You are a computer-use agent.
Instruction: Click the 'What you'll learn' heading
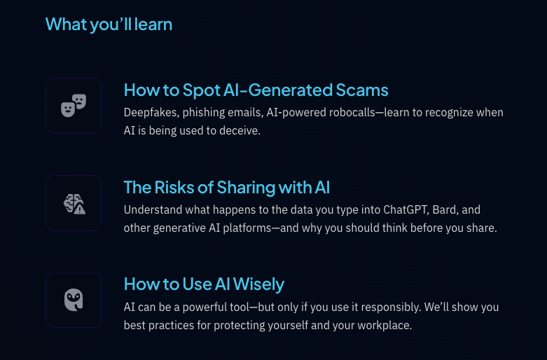[109, 25]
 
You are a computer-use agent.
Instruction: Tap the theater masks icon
[74, 105]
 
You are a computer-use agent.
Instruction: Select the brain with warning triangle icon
[74, 204]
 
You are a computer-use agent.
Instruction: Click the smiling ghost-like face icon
[74, 300]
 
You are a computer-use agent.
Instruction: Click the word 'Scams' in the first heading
[362, 90]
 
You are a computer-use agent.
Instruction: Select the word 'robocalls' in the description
[349, 113]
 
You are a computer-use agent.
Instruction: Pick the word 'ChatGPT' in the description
[406, 209]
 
